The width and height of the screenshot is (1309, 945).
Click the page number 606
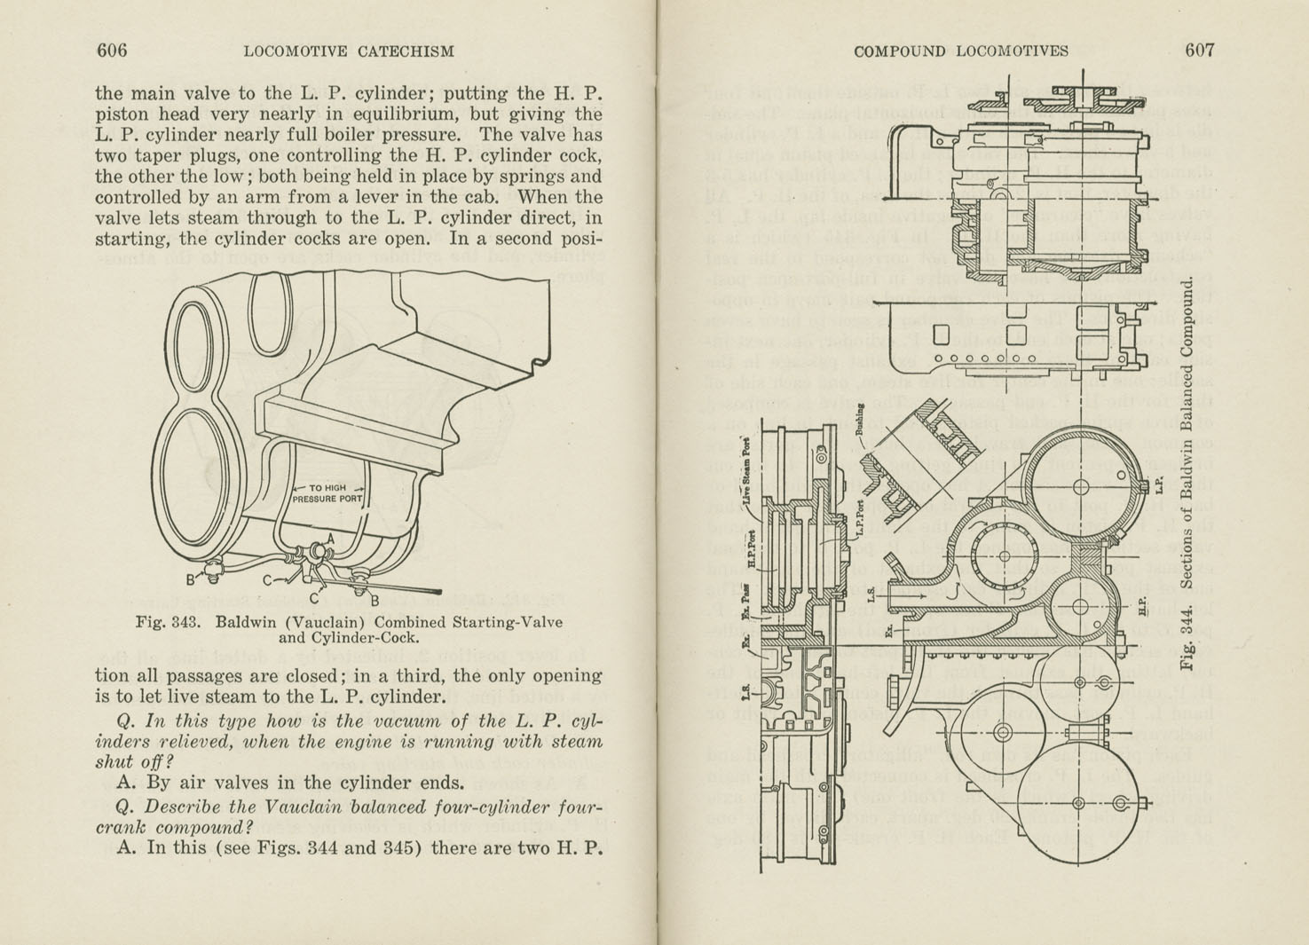[x=111, y=51]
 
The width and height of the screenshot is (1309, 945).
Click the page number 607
[x=1199, y=51]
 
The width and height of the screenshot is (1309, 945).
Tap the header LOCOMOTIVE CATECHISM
[x=348, y=51]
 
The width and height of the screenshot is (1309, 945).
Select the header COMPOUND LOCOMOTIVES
[x=960, y=51]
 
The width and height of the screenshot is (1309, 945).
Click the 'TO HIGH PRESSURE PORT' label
[x=327, y=493]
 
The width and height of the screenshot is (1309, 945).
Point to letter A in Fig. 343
[x=330, y=538]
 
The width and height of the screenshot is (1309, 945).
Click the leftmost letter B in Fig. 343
[x=190, y=580]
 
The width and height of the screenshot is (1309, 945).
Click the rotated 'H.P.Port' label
[x=751, y=549]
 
